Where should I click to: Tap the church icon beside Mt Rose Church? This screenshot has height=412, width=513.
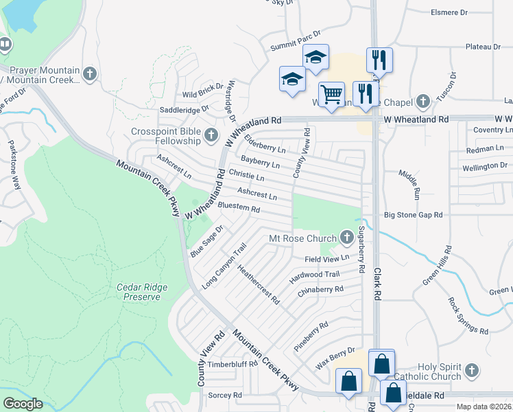pos(348,238)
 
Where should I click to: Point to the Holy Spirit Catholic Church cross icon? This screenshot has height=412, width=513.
pos(471,371)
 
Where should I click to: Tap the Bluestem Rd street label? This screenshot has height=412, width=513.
pos(239,207)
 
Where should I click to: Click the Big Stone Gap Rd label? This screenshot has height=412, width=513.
pos(413,215)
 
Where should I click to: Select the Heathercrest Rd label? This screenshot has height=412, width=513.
pos(258,284)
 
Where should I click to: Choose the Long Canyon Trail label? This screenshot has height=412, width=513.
pos(224,266)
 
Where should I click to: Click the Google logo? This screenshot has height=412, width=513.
pos(23,404)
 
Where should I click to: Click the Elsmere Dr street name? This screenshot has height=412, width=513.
pos(468,12)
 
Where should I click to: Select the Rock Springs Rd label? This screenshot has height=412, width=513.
pos(468,315)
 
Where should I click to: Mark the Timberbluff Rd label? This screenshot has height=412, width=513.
pos(232,364)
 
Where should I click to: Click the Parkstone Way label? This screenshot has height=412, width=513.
pos(13,164)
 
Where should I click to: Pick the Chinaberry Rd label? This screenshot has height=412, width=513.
pos(320,290)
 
